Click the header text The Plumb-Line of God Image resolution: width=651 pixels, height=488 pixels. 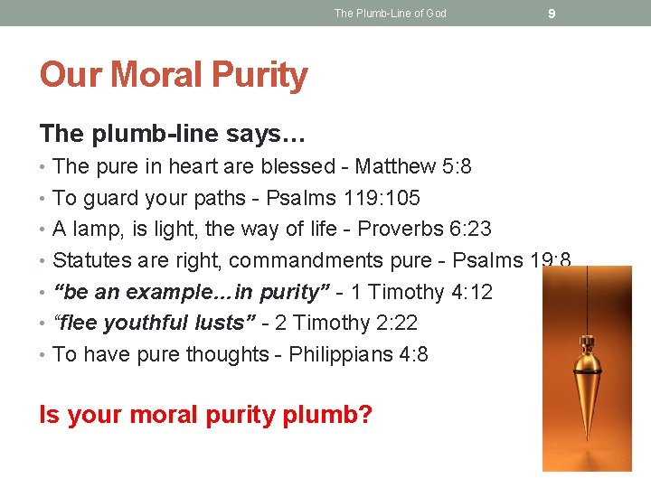point(390,13)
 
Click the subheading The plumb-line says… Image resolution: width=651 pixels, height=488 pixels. point(173,134)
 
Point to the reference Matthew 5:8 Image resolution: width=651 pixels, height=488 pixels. point(413,166)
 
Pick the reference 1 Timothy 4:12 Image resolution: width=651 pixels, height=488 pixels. point(422,292)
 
